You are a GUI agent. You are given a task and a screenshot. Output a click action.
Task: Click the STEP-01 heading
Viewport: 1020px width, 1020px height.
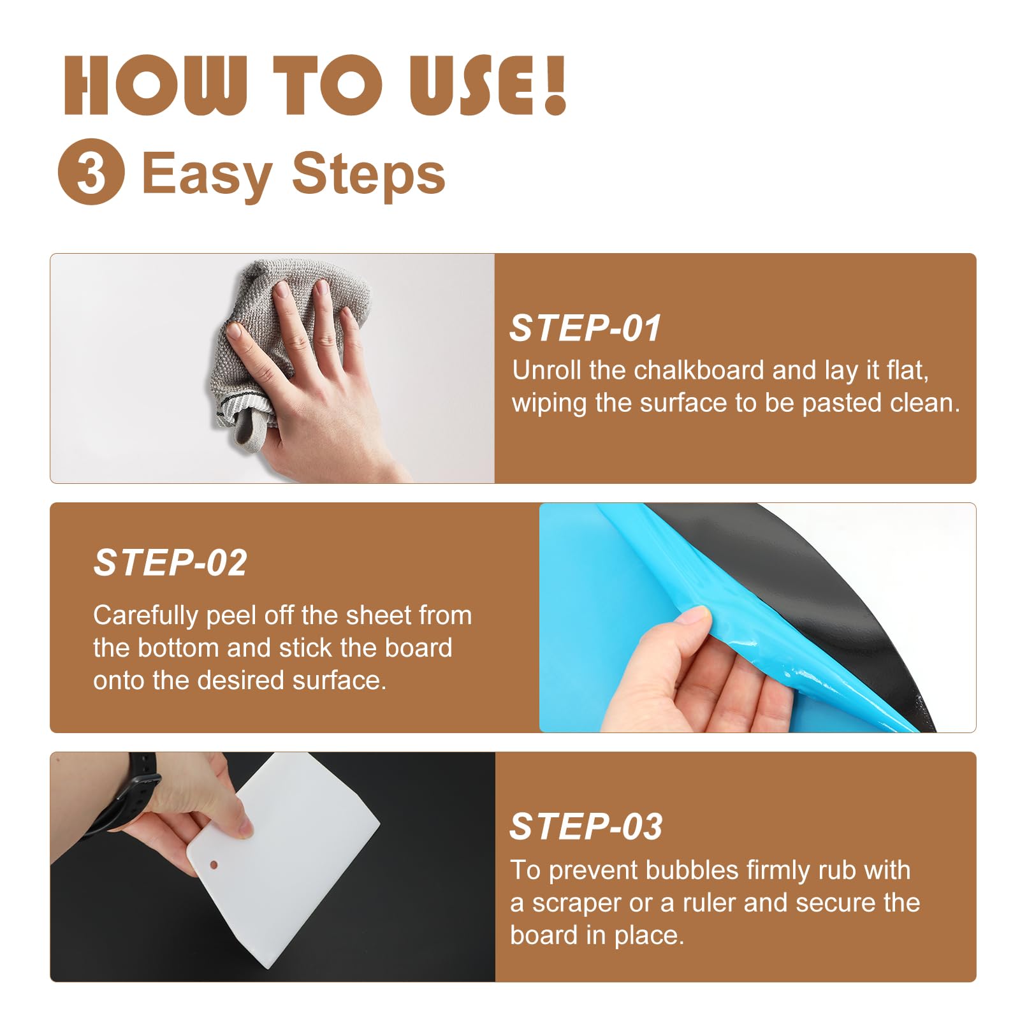[585, 328]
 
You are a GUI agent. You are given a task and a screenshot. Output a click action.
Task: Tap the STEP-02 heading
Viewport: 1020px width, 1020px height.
[170, 563]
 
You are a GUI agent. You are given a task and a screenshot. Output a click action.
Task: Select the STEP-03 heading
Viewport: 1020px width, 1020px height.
[586, 827]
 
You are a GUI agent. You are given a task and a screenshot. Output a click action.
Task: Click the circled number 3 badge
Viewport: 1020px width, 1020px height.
[91, 171]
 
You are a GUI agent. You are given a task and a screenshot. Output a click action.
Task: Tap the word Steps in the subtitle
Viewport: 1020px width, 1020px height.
[368, 173]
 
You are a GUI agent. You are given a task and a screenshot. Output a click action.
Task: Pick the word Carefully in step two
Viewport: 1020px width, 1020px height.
[146, 616]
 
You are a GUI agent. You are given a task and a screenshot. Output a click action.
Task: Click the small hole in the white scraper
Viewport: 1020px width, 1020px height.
[214, 865]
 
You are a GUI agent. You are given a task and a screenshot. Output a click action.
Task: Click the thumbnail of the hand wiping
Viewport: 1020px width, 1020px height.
[272, 368]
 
